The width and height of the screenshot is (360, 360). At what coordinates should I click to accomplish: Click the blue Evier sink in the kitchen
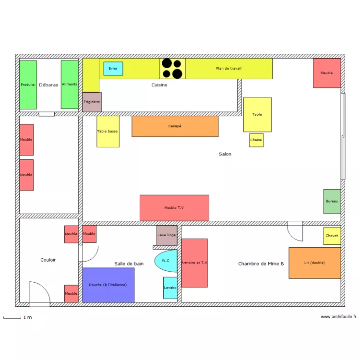[113, 69]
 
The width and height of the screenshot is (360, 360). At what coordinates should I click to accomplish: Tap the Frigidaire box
[92, 102]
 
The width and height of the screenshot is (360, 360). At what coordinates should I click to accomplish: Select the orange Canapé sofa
[175, 126]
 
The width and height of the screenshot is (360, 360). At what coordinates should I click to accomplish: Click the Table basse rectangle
[108, 132]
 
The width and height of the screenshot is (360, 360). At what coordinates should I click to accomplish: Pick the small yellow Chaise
[256, 140]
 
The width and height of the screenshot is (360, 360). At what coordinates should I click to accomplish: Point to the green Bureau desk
[332, 201]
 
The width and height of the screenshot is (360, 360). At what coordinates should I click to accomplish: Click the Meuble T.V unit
[175, 208]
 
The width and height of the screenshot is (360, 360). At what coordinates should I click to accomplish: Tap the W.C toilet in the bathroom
[166, 261]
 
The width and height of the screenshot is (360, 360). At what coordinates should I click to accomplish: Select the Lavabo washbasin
[170, 288]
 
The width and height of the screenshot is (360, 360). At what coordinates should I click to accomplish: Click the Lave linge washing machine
[167, 235]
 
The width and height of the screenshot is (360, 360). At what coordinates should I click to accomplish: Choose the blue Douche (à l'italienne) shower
[108, 285]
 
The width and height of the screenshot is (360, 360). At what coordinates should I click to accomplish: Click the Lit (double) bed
[315, 263]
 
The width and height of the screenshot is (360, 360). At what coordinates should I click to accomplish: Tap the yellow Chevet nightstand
[332, 236]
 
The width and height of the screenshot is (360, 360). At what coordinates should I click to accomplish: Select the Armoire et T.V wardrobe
[194, 263]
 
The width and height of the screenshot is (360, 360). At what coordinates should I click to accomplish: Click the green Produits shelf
[28, 85]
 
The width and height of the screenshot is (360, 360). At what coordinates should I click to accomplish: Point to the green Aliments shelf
[70, 84]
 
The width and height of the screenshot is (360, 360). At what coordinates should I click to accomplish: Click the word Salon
[225, 154]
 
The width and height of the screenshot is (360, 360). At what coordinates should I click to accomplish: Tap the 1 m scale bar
[12, 318]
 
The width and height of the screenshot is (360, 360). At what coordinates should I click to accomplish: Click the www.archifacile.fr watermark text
[338, 317]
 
